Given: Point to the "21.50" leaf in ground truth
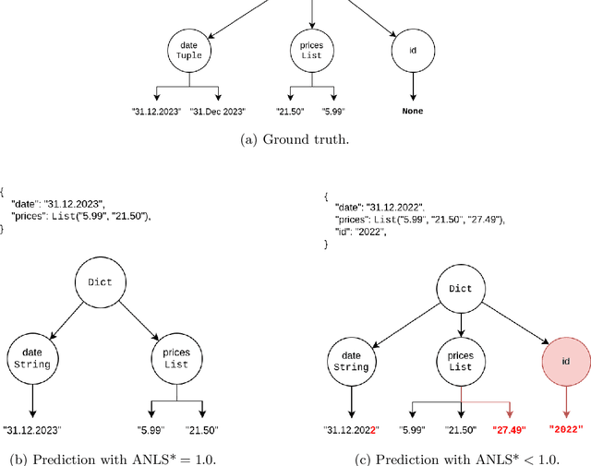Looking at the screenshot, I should click(x=291, y=111).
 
